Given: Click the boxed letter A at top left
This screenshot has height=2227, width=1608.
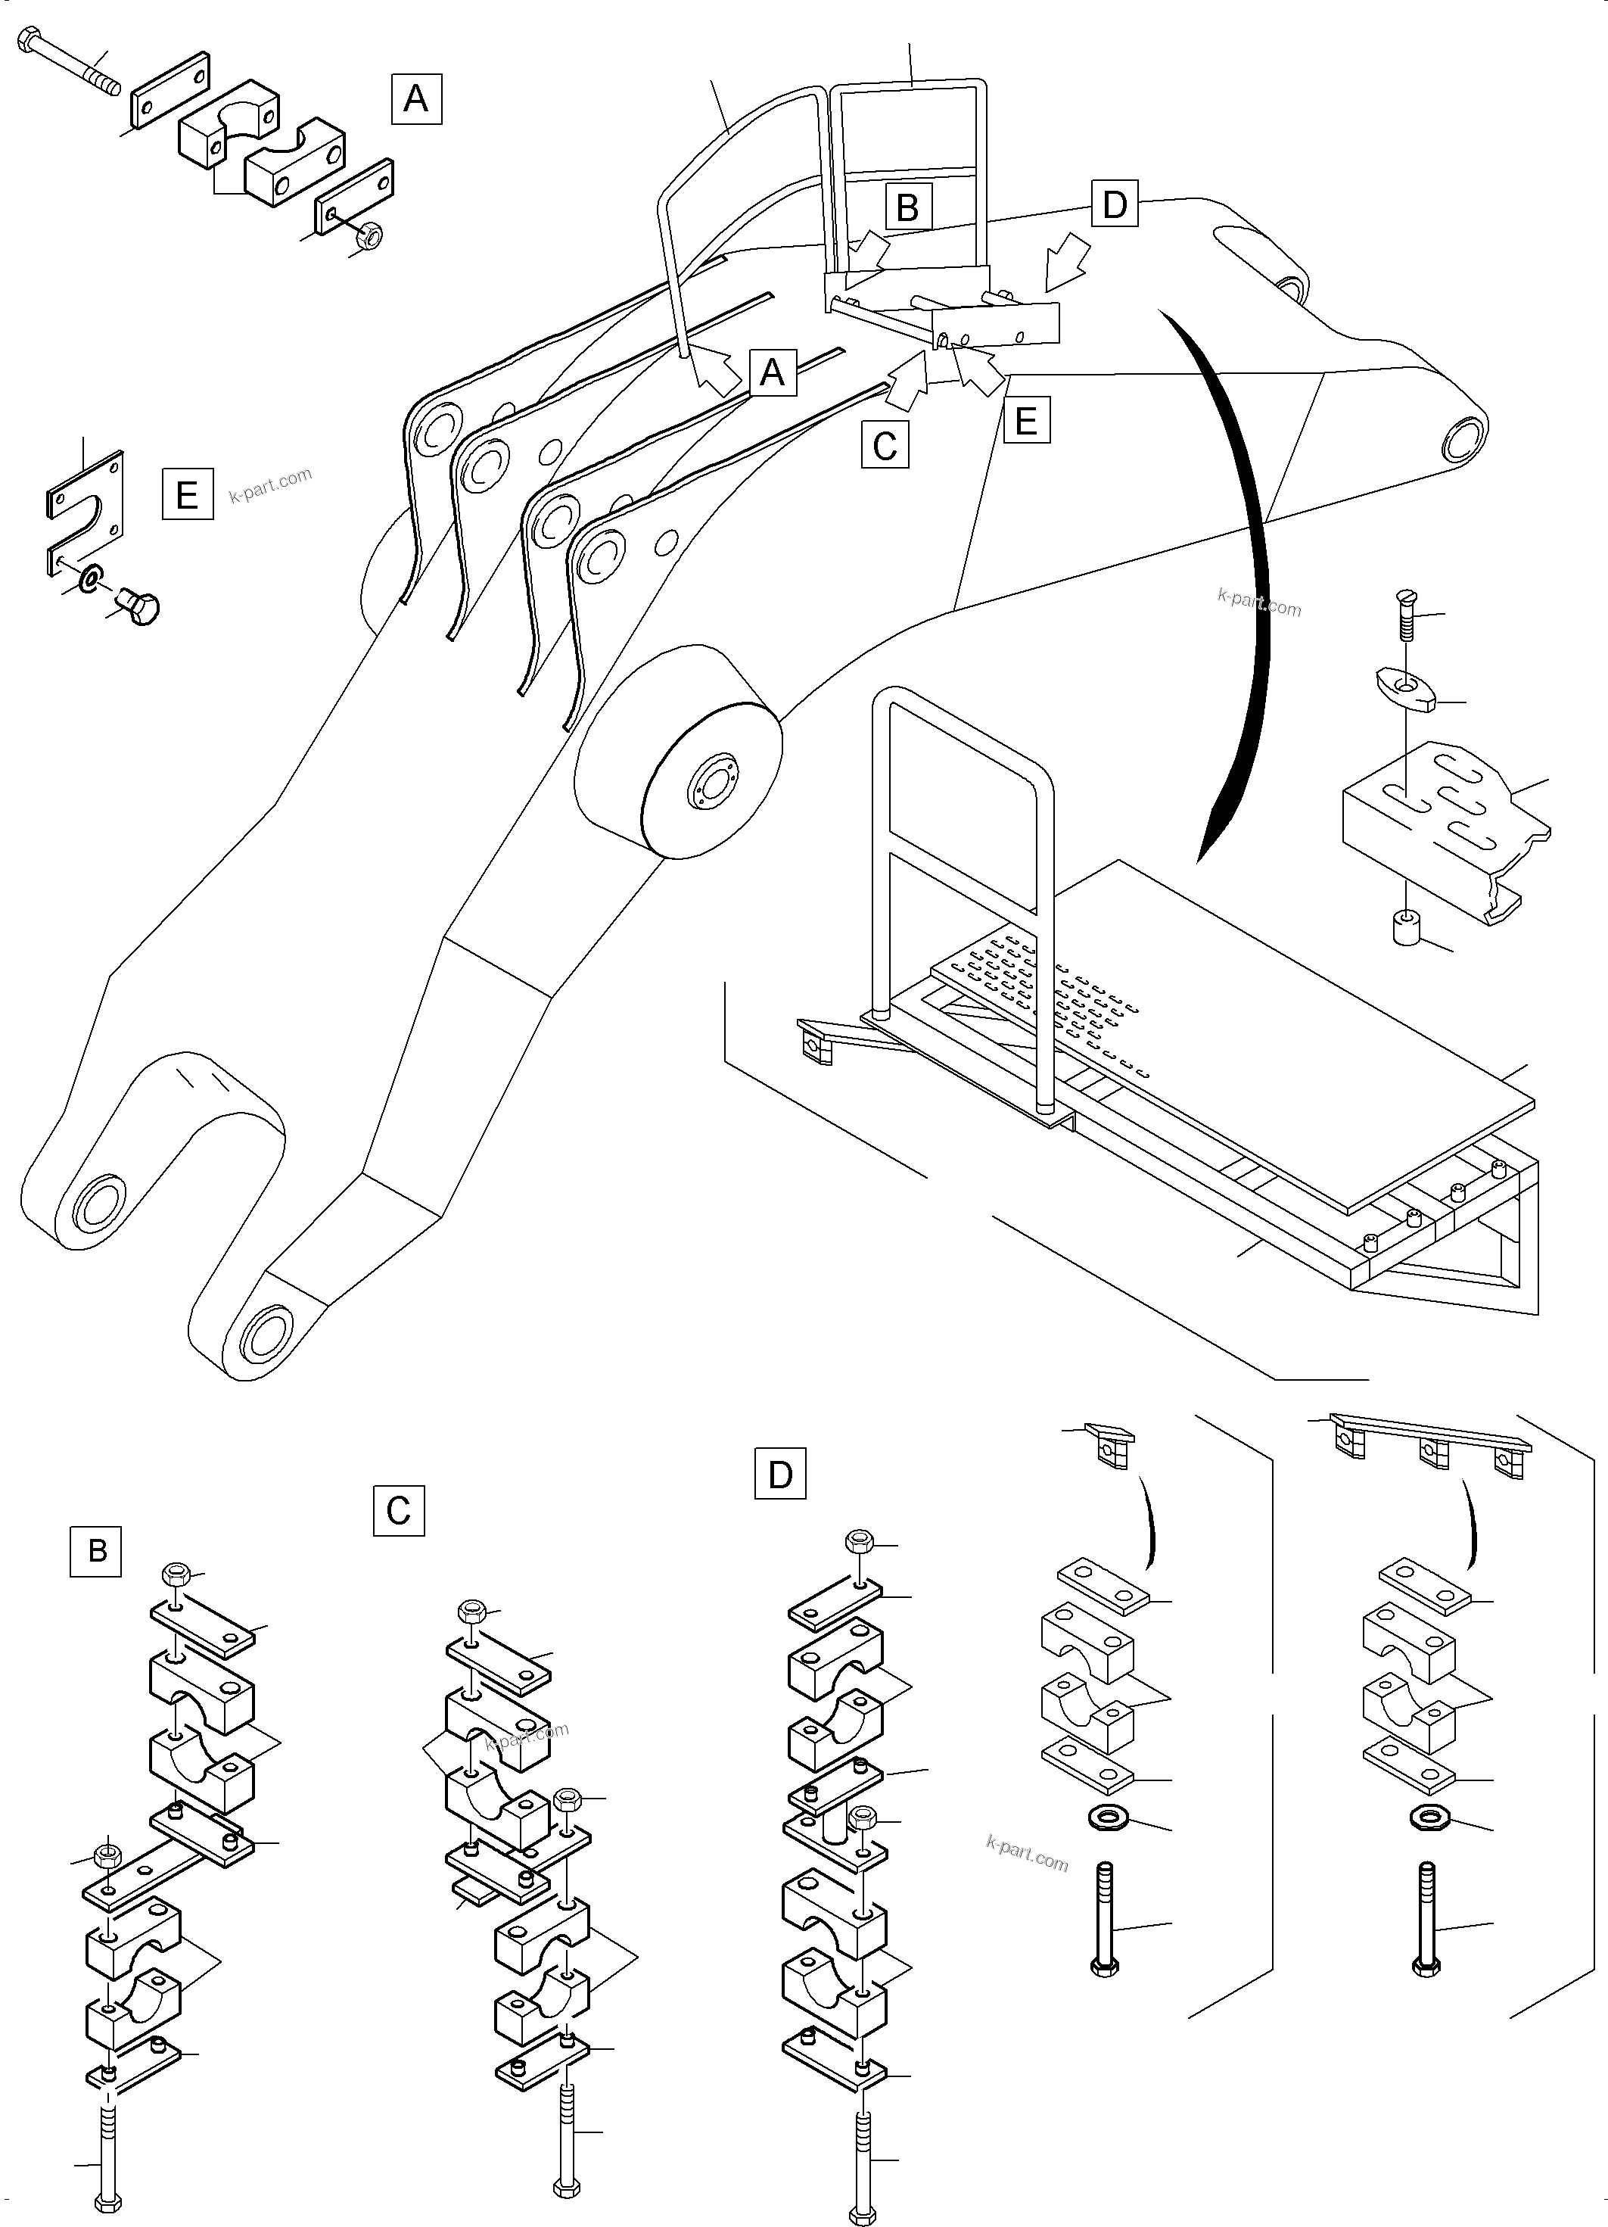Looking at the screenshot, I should point(416,98).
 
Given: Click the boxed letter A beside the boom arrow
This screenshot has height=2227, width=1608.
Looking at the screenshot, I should point(773,372).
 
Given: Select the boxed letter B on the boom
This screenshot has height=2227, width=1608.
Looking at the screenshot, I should point(907,207).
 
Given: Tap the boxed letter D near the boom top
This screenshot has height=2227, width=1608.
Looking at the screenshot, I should point(1114,204).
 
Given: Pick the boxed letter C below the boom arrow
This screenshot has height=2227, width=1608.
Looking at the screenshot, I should point(885,445).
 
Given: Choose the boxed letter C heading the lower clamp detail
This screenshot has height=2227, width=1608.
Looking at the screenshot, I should point(399,1510).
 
